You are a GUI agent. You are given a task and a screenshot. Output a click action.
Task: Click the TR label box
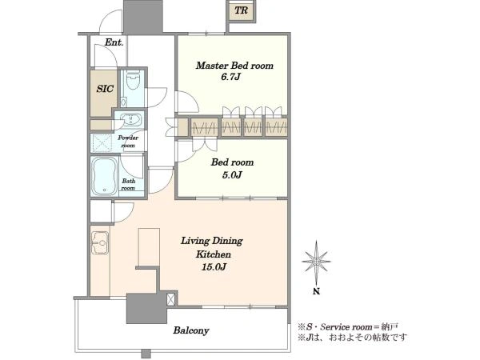242,10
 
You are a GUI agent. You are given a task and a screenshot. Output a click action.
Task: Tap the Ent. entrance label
114,42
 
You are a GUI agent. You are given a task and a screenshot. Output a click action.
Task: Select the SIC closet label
105,89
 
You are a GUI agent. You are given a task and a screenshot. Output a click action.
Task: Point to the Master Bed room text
234,66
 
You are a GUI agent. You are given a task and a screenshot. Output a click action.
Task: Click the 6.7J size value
231,77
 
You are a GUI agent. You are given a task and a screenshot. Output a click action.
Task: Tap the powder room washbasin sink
131,119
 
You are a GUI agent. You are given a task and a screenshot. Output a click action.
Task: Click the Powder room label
128,142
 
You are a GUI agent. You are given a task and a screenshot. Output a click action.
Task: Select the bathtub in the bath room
104,176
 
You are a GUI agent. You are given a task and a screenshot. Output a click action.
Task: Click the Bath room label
128,184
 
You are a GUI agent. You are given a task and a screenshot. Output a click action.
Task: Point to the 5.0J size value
232,174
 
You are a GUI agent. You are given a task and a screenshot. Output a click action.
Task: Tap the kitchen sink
100,242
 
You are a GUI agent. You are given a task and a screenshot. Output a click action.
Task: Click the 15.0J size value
214,267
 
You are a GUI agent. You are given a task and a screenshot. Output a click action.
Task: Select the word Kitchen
214,254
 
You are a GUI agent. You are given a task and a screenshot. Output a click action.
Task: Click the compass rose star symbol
316,262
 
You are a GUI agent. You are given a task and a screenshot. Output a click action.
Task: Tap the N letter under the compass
316,291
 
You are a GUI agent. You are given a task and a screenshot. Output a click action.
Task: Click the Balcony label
191,330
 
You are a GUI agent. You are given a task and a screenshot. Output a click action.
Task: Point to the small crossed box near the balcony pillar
171,299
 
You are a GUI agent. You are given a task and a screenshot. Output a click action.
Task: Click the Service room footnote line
348,327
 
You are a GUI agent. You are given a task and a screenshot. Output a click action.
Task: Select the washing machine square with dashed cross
102,143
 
